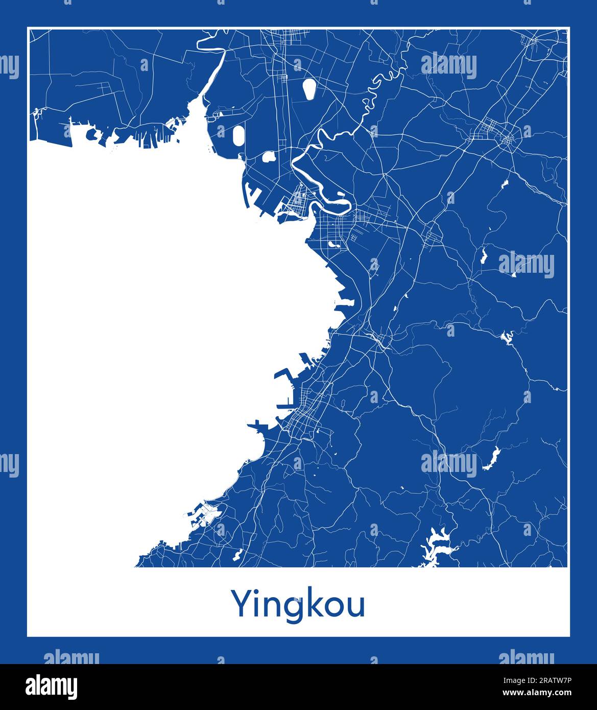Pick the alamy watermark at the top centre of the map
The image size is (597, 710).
[x=449, y=65]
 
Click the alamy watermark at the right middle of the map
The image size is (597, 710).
[x=526, y=266]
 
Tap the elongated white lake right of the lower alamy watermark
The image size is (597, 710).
[x=491, y=458]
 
